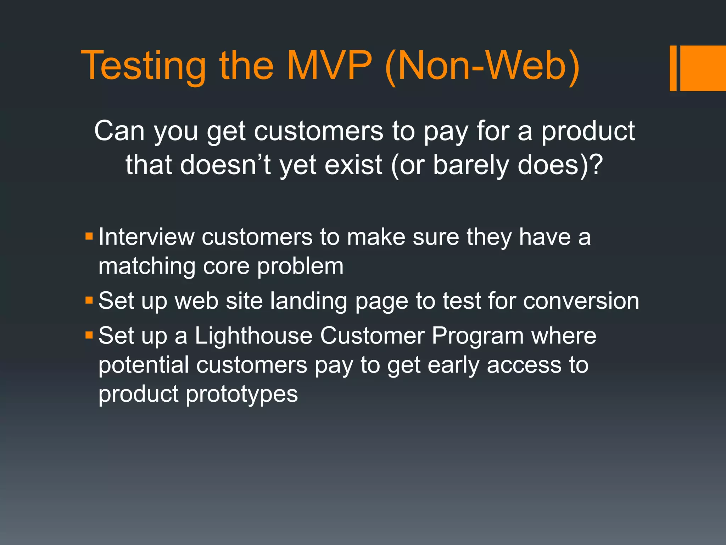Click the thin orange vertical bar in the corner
673,68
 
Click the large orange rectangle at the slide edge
703,68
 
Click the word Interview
146,237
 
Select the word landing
308,301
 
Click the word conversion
581,301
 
